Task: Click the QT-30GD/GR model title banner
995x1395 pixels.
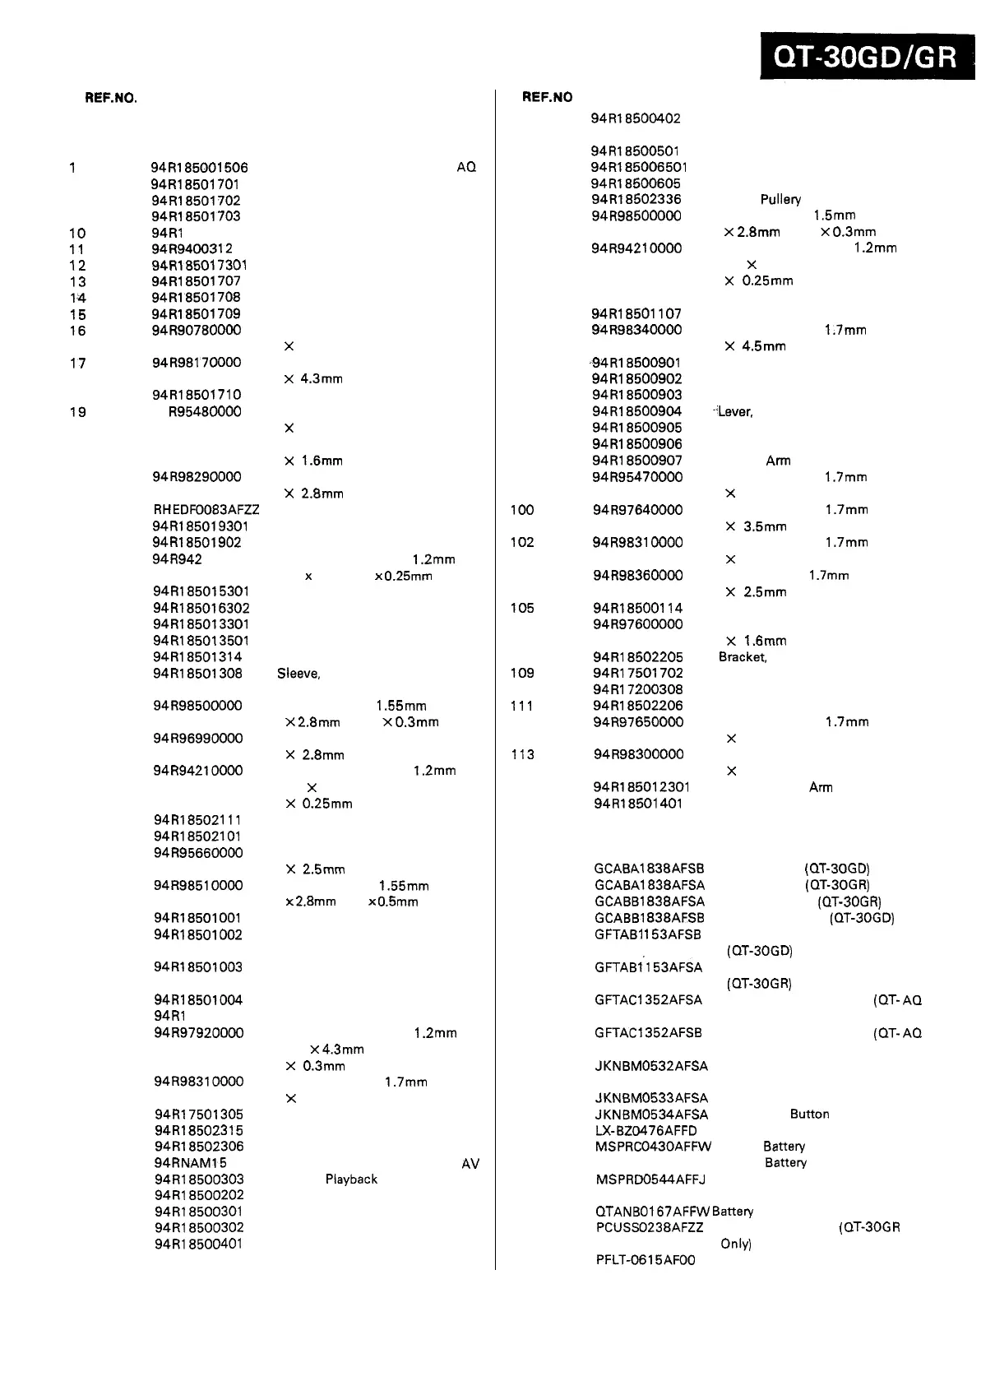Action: coord(866,57)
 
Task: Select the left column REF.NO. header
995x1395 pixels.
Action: coord(111,98)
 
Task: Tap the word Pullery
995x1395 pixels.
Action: coord(780,199)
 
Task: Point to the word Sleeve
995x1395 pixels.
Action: coord(298,674)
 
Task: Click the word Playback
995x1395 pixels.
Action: coord(351,1179)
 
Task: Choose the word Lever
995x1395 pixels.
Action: coord(734,411)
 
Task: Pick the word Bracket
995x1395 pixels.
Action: coord(742,656)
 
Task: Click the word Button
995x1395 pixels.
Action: coord(809,1114)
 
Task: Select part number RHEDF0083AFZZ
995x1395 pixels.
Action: coord(206,510)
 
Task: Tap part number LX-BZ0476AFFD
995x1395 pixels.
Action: coord(646,1130)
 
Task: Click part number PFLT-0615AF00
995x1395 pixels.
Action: coord(646,1260)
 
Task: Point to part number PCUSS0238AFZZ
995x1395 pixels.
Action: coord(649,1227)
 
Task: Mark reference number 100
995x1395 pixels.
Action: coord(522,510)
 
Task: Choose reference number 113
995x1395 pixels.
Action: coord(522,754)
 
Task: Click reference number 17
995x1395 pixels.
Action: coord(78,363)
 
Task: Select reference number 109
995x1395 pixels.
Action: coord(522,673)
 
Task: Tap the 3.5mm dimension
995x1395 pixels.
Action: coord(765,526)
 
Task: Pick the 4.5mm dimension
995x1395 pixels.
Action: coord(764,346)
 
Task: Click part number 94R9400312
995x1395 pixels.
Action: coord(192,248)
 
